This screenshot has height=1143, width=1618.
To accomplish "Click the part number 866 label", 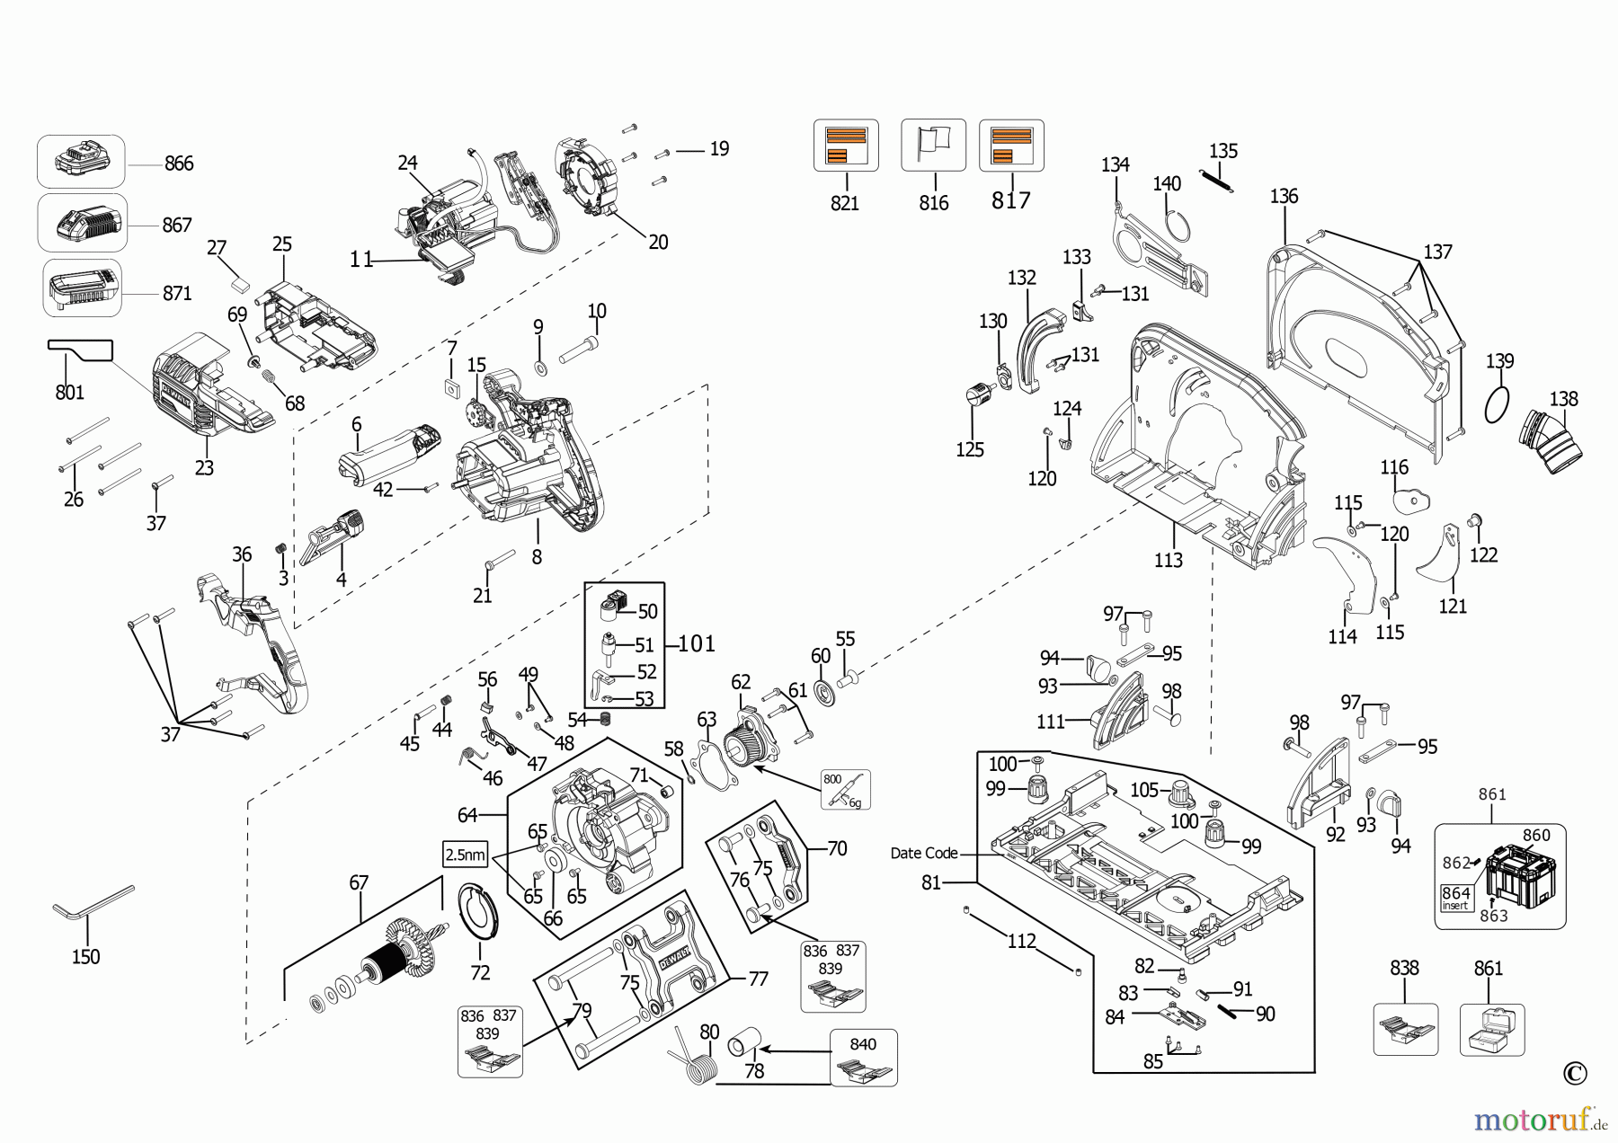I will click(179, 164).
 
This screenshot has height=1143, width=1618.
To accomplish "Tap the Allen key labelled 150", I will click(91, 904).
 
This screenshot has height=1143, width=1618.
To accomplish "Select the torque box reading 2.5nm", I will click(466, 855).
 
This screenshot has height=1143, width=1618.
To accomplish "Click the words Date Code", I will click(923, 853).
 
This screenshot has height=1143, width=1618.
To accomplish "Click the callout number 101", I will click(697, 644).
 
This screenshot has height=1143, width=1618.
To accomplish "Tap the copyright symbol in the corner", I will click(1574, 1073).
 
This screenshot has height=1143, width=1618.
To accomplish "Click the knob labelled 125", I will click(977, 395).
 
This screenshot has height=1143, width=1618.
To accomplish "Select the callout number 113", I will click(1168, 561).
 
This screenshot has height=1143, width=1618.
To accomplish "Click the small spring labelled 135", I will click(1217, 181).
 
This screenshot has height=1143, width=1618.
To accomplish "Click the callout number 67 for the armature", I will click(359, 882).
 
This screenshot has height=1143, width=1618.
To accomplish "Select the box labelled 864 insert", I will click(1456, 898).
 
